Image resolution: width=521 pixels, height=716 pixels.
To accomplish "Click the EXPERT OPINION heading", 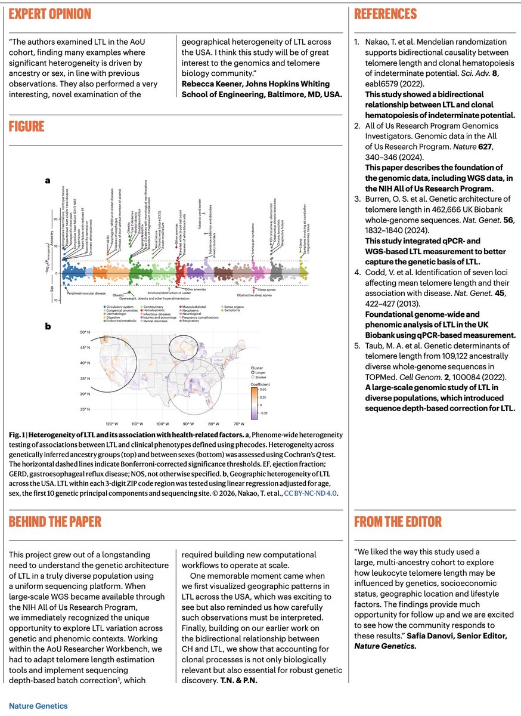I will point(50,14).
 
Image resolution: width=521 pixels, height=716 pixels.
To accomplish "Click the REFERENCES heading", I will point(385,14).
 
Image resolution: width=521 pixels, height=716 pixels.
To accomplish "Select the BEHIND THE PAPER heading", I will point(55,521).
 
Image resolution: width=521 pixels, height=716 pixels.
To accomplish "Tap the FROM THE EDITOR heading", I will point(398,521).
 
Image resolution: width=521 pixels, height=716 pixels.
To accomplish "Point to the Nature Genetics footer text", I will point(38,706).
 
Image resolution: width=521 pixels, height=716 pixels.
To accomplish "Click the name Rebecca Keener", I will point(209,83).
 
